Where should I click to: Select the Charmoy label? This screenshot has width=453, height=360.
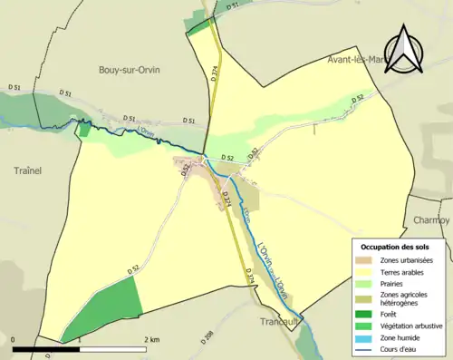[x=430, y=220]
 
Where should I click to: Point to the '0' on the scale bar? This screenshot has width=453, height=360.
[x=14, y=338]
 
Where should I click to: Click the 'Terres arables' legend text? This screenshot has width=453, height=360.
[x=406, y=270]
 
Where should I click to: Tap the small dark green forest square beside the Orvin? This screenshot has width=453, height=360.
[x=85, y=130]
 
